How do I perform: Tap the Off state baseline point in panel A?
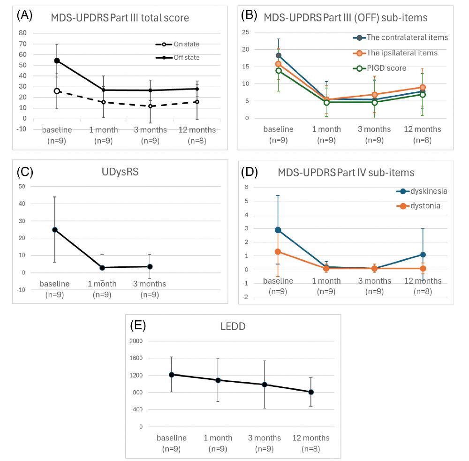[57, 60]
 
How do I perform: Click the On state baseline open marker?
[57, 91]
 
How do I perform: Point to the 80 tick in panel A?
[22, 33]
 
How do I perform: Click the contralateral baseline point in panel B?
[279, 55]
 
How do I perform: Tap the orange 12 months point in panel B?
[423, 87]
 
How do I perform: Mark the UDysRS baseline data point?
[55, 230]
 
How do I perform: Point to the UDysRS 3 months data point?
[150, 266]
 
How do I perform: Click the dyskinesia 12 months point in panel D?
[423, 255]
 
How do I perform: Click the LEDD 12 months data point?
[310, 392]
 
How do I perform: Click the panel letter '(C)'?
[25, 171]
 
